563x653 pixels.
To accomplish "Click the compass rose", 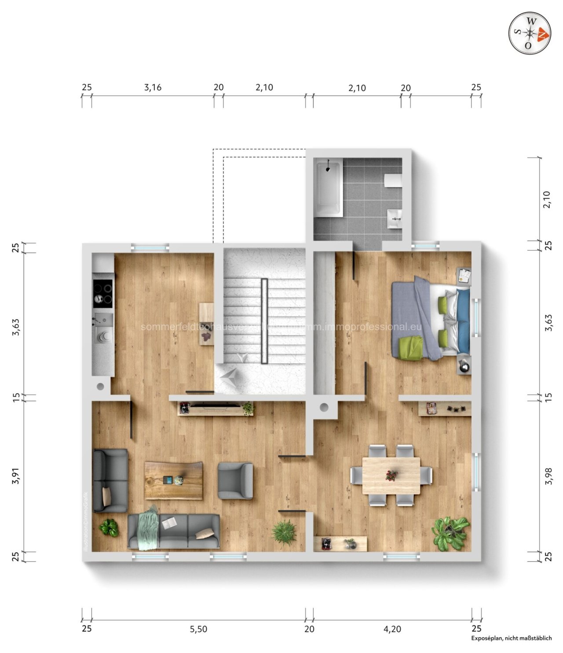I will click(530, 33).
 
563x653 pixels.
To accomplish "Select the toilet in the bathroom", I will click(393, 181).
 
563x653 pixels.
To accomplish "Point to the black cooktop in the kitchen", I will click(103, 294).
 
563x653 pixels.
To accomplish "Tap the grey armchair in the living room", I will click(235, 480).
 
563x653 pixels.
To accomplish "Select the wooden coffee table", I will click(173, 480).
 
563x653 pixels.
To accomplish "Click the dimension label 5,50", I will click(198, 629).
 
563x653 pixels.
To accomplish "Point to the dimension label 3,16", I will click(153, 88).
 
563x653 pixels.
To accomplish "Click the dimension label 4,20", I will click(392, 629).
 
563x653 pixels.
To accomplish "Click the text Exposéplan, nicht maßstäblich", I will click(511, 638).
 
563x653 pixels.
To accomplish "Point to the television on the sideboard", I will click(215, 405).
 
